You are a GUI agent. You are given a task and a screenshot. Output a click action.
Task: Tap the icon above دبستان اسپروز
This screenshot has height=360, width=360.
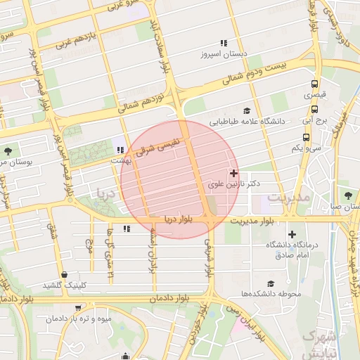pyautogui.click(x=224, y=43)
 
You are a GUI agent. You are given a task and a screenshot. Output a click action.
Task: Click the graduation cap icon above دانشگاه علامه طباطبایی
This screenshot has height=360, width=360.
pyautogui.click(x=246, y=110)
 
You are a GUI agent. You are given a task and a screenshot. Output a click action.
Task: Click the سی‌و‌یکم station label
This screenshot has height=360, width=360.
pyautogui.click(x=307, y=148)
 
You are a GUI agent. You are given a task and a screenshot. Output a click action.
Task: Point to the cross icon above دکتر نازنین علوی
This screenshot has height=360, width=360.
pyautogui.click(x=233, y=172)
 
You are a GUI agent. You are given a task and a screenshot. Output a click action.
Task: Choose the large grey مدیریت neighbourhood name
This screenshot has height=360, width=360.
pyautogui.click(x=288, y=198)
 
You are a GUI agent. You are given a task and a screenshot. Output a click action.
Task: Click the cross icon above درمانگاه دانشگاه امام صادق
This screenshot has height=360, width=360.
pyautogui.click(x=292, y=234)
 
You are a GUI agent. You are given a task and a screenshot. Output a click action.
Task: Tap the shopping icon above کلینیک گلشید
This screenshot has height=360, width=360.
pyautogui.click(x=65, y=274)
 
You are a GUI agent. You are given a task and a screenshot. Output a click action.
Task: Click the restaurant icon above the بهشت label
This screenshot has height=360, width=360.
pyautogui.click(x=120, y=150)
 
